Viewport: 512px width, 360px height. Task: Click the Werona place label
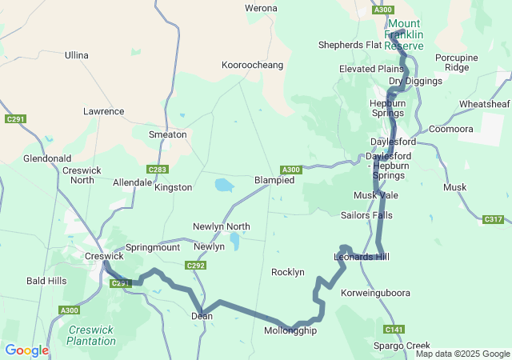pyautogui.click(x=261, y=8)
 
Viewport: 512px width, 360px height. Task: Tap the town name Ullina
pyautogui.click(x=77, y=55)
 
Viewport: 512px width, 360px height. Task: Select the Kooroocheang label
pyautogui.click(x=253, y=64)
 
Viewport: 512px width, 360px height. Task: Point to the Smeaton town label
pyautogui.click(x=167, y=135)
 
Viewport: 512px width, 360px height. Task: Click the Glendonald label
pyautogui.click(x=47, y=158)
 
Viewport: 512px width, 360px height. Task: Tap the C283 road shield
pyautogui.click(x=158, y=170)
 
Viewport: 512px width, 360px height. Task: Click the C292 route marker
pyautogui.click(x=196, y=266)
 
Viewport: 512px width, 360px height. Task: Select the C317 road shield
pyautogui.click(x=494, y=219)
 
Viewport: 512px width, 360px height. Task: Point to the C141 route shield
pyautogui.click(x=394, y=330)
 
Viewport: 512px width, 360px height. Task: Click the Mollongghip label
pyautogui.click(x=290, y=330)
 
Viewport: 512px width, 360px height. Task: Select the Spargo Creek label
pyautogui.click(x=402, y=346)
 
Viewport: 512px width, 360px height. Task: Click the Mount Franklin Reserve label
pyautogui.click(x=404, y=35)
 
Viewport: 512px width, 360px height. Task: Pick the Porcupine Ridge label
pyautogui.click(x=457, y=62)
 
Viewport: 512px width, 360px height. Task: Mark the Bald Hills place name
pyautogui.click(x=46, y=281)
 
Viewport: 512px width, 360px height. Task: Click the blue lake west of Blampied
pyautogui.click(x=224, y=186)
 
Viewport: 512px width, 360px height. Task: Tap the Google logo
pyautogui.click(x=26, y=350)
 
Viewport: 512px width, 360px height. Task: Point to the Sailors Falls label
pyautogui.click(x=366, y=215)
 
